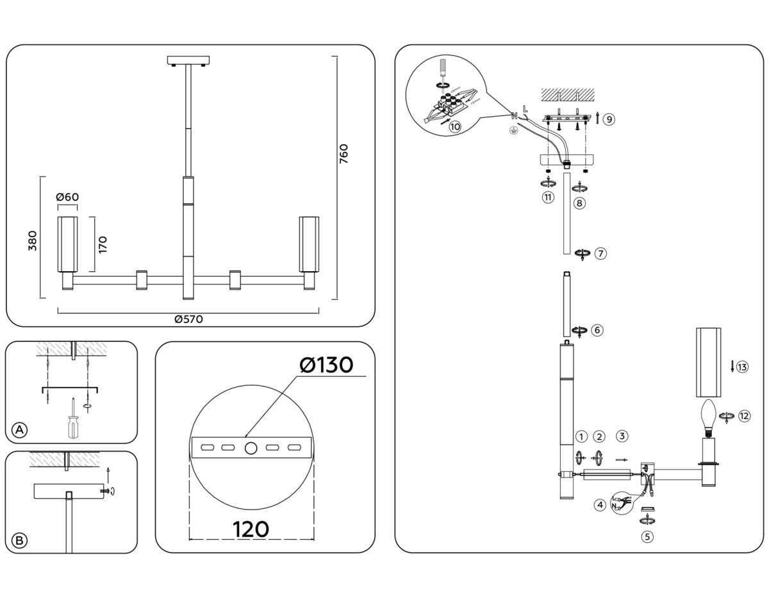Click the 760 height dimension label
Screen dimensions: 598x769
coord(343,155)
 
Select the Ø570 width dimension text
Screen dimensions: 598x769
coord(188,320)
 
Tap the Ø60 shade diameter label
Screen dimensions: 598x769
coord(67,197)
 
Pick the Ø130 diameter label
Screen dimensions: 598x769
coord(326,365)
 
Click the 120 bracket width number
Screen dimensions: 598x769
coord(251,529)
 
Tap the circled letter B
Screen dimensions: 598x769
coord(20,541)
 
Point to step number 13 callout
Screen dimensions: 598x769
coord(742,367)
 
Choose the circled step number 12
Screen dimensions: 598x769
coord(743,416)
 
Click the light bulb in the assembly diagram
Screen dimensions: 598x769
coord(709,415)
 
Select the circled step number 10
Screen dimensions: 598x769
coord(455,126)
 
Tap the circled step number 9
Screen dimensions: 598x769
coord(609,119)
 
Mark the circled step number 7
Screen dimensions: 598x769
coord(600,253)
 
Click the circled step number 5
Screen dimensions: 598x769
coord(648,537)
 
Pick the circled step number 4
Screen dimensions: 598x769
coord(600,505)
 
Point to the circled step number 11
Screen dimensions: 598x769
coord(547,197)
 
